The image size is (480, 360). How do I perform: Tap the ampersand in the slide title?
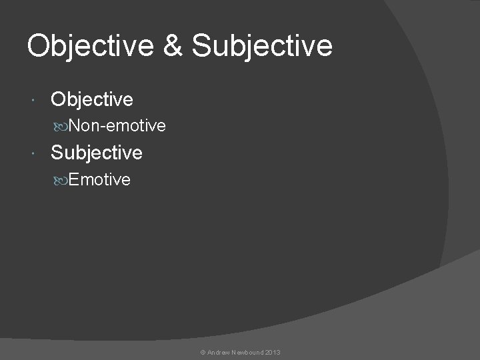(175, 46)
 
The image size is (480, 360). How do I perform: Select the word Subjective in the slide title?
(262, 46)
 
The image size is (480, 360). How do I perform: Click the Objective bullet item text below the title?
(92, 100)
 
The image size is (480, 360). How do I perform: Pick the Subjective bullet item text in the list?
(97, 153)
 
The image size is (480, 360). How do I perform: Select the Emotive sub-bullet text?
(99, 179)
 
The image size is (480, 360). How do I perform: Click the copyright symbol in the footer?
(203, 352)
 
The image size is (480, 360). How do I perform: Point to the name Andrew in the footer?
(219, 352)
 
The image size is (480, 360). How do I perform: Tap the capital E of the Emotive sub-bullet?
(73, 179)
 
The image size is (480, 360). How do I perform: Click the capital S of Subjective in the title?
(200, 46)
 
